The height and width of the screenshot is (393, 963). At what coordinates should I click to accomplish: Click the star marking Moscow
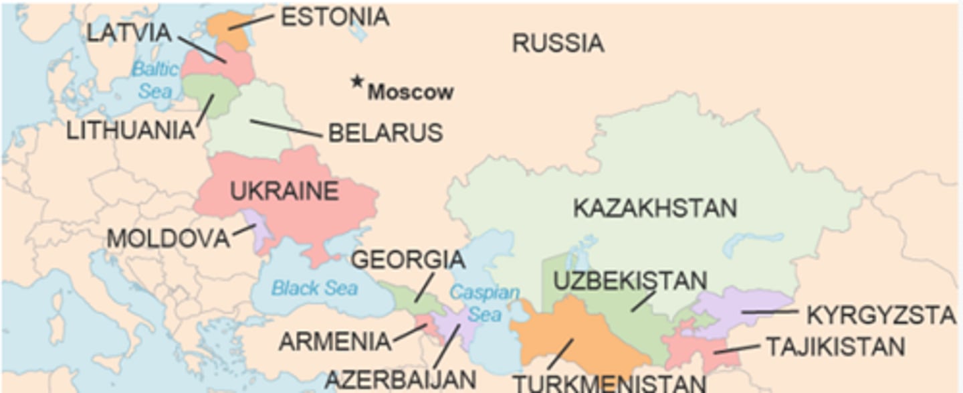click(x=357, y=82)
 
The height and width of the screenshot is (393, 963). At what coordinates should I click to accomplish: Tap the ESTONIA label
click(x=334, y=17)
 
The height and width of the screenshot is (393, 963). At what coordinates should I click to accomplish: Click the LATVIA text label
click(x=129, y=33)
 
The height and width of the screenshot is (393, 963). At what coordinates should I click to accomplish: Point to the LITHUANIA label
click(x=130, y=131)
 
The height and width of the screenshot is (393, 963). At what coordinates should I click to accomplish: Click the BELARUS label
click(x=385, y=133)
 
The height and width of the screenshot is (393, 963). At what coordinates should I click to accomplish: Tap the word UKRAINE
click(x=284, y=191)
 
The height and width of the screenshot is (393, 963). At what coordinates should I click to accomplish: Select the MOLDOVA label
click(x=168, y=238)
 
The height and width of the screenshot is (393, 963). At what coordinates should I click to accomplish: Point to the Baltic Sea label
click(x=155, y=80)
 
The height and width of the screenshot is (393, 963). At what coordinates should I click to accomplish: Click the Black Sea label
click(x=314, y=289)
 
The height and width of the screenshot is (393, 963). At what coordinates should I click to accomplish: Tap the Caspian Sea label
click(x=484, y=303)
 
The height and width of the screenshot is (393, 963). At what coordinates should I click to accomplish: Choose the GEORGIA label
click(x=408, y=260)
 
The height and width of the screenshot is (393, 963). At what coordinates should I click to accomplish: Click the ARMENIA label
click(x=334, y=341)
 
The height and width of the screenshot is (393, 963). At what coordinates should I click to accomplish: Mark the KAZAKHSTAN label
click(x=655, y=208)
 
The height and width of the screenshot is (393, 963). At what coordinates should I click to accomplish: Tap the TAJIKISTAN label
click(x=835, y=347)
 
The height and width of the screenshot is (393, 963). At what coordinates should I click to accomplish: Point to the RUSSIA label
click(x=558, y=44)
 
